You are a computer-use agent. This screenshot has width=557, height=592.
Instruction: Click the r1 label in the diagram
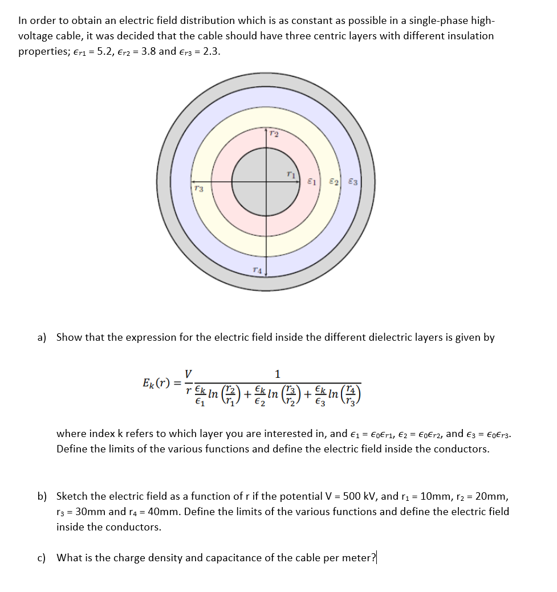point(291,175)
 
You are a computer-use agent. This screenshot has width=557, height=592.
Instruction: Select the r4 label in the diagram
point(258,270)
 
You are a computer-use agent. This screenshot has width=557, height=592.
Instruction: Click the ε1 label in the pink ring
point(311,182)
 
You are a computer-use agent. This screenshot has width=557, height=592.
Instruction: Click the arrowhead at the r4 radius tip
point(266,276)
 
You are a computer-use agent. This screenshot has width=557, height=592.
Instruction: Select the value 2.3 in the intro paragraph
point(209,51)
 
